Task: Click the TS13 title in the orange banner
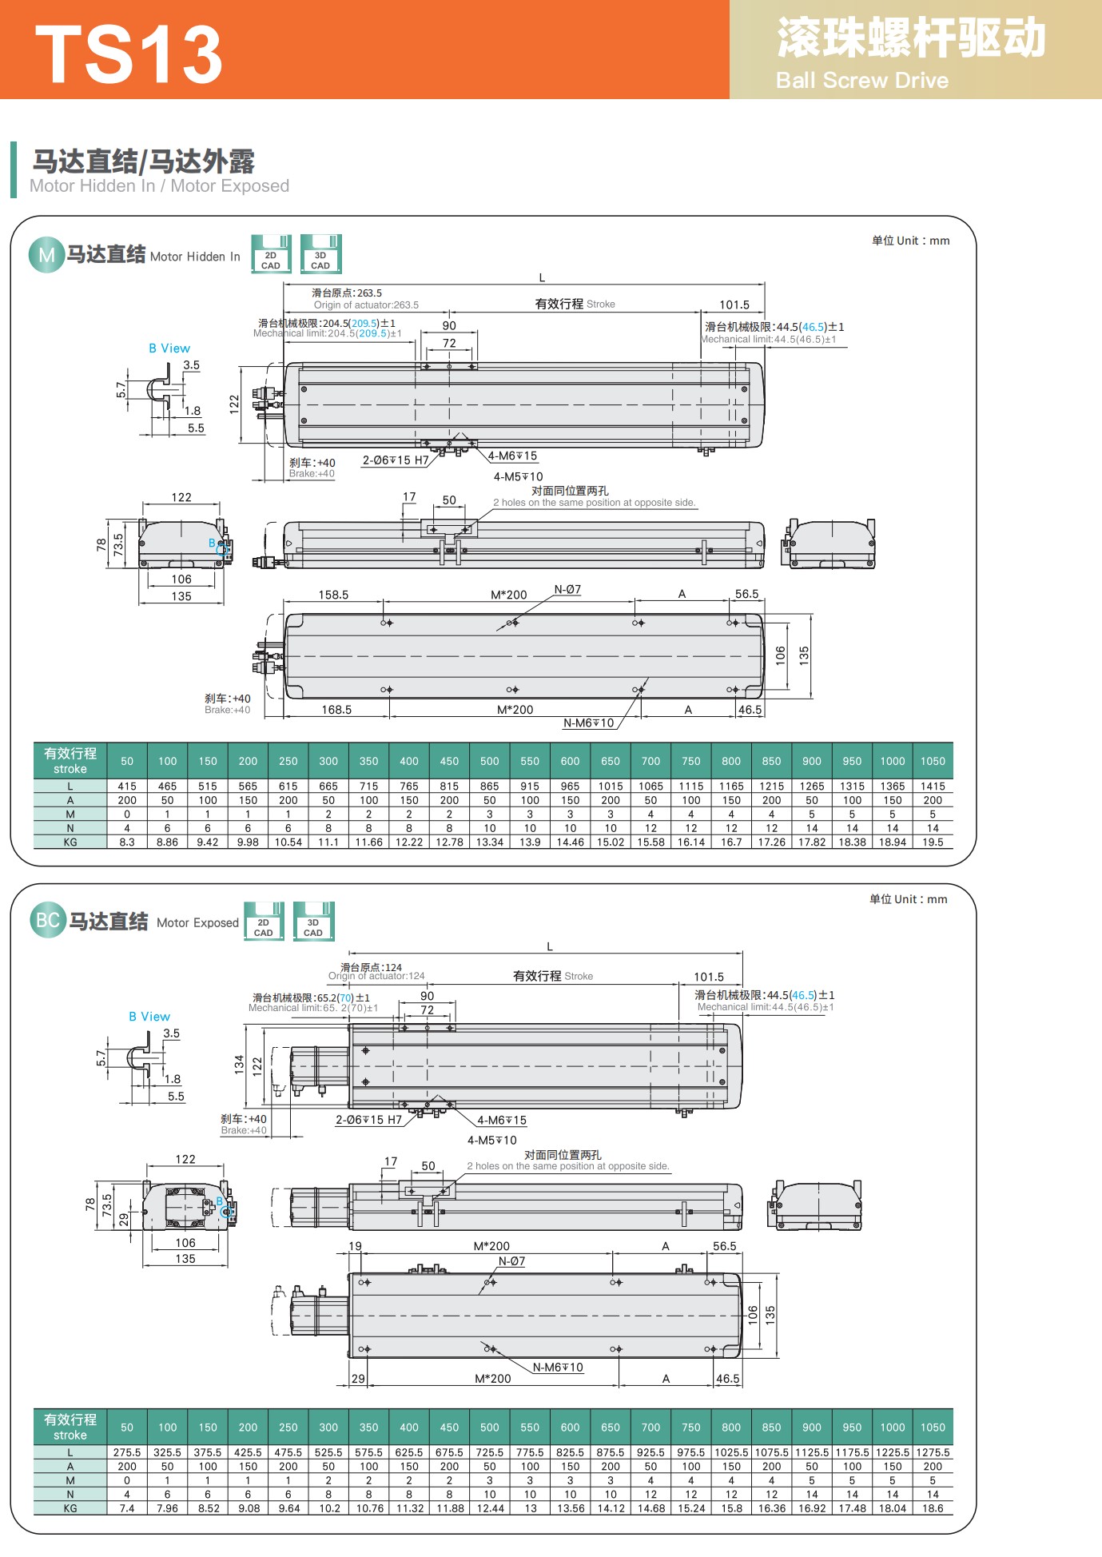pos(129,54)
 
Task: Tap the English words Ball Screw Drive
pos(862,81)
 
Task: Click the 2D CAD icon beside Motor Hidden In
pos(271,254)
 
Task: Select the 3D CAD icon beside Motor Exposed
pos(313,922)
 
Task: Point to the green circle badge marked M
pos(46,255)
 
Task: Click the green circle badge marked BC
pos(48,920)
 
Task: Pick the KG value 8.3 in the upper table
pos(127,842)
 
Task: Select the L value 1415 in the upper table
pos(933,786)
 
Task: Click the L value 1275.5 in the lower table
pos(933,1452)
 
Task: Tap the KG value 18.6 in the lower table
pos(933,1508)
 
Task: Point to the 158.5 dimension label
pos(333,595)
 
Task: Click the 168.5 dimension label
pos(336,710)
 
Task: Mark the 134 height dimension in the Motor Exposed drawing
pos(239,1065)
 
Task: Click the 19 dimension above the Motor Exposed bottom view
pos(355,1246)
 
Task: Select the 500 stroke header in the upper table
pos(490,762)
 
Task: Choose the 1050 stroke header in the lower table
pos(933,1428)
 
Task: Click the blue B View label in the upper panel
pos(169,348)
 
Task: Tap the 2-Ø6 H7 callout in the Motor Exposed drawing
pos(368,1121)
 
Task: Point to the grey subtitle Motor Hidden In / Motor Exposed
pos(159,186)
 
